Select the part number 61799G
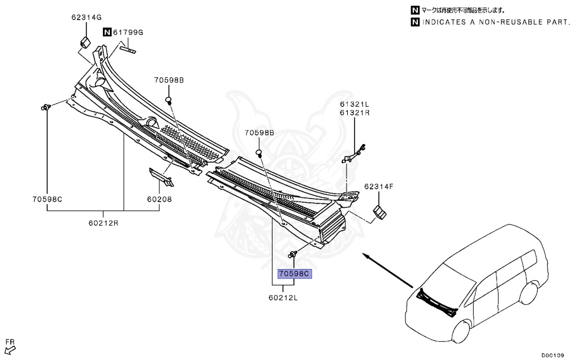click(128, 32)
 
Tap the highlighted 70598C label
click(295, 274)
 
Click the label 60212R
click(103, 222)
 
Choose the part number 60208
click(159, 199)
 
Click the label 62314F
click(378, 185)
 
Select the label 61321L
click(355, 104)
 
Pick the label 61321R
click(355, 112)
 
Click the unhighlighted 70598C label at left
click(47, 199)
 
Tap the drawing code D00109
click(552, 355)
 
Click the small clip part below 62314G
click(85, 41)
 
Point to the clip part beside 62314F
click(379, 212)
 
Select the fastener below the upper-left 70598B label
click(168, 101)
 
